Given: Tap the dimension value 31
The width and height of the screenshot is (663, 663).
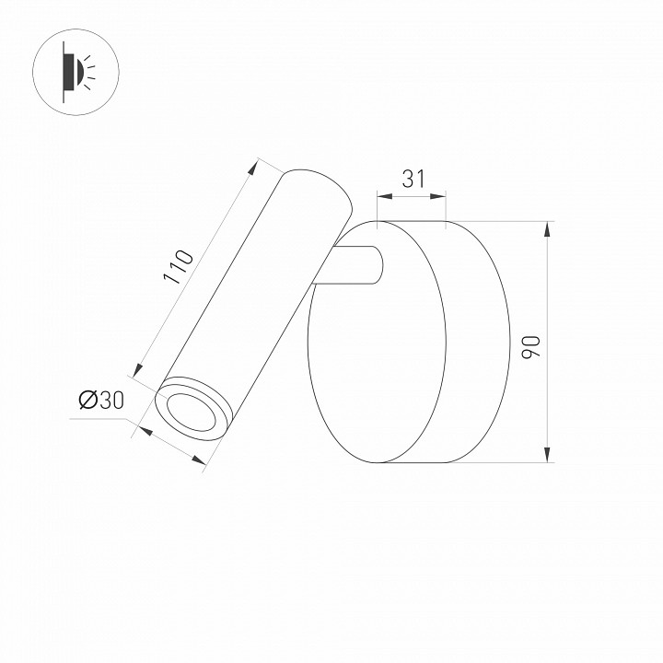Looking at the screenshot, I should click(x=413, y=179).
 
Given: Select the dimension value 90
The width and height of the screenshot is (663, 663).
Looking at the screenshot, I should click(x=529, y=347).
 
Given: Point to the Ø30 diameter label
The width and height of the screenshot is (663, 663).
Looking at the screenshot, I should click(x=101, y=400).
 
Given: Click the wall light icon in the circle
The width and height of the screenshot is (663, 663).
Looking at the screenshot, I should click(x=72, y=69).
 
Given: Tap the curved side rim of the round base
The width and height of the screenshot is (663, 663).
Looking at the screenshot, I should click(x=479, y=341).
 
